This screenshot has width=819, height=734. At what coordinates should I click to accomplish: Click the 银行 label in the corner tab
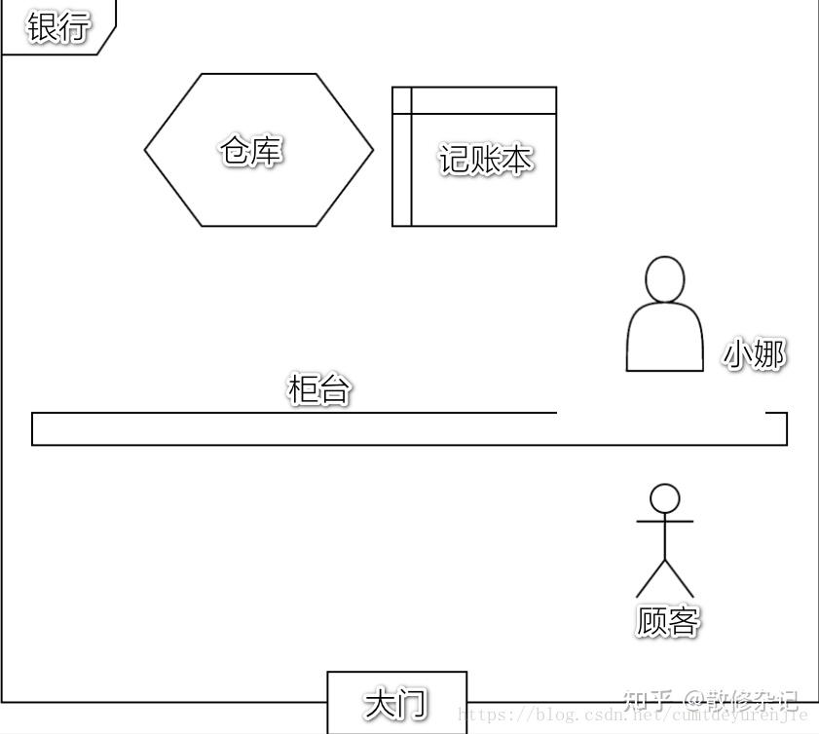coord(57,27)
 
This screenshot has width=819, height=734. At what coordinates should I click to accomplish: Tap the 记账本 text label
coord(485,160)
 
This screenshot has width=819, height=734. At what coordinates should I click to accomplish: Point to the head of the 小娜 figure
coord(665,279)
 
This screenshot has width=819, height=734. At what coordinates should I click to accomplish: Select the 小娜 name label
coord(753,355)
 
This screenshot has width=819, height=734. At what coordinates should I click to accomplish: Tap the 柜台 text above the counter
coord(318,390)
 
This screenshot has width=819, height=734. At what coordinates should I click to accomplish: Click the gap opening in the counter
coord(660,414)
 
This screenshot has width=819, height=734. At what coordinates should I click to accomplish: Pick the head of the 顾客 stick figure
coord(665,498)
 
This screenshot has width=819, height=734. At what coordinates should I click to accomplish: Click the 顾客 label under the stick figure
coord(667,621)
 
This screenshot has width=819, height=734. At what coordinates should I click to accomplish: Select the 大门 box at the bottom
coord(396,702)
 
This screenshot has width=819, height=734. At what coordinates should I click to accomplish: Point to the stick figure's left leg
coord(651,579)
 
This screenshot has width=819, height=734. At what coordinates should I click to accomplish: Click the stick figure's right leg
coord(680,579)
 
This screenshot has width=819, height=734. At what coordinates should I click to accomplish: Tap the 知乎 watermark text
coord(648,700)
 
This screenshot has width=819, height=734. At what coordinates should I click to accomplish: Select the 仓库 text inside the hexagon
coord(251,151)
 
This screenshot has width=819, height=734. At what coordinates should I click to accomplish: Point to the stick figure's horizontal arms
coord(665,522)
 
